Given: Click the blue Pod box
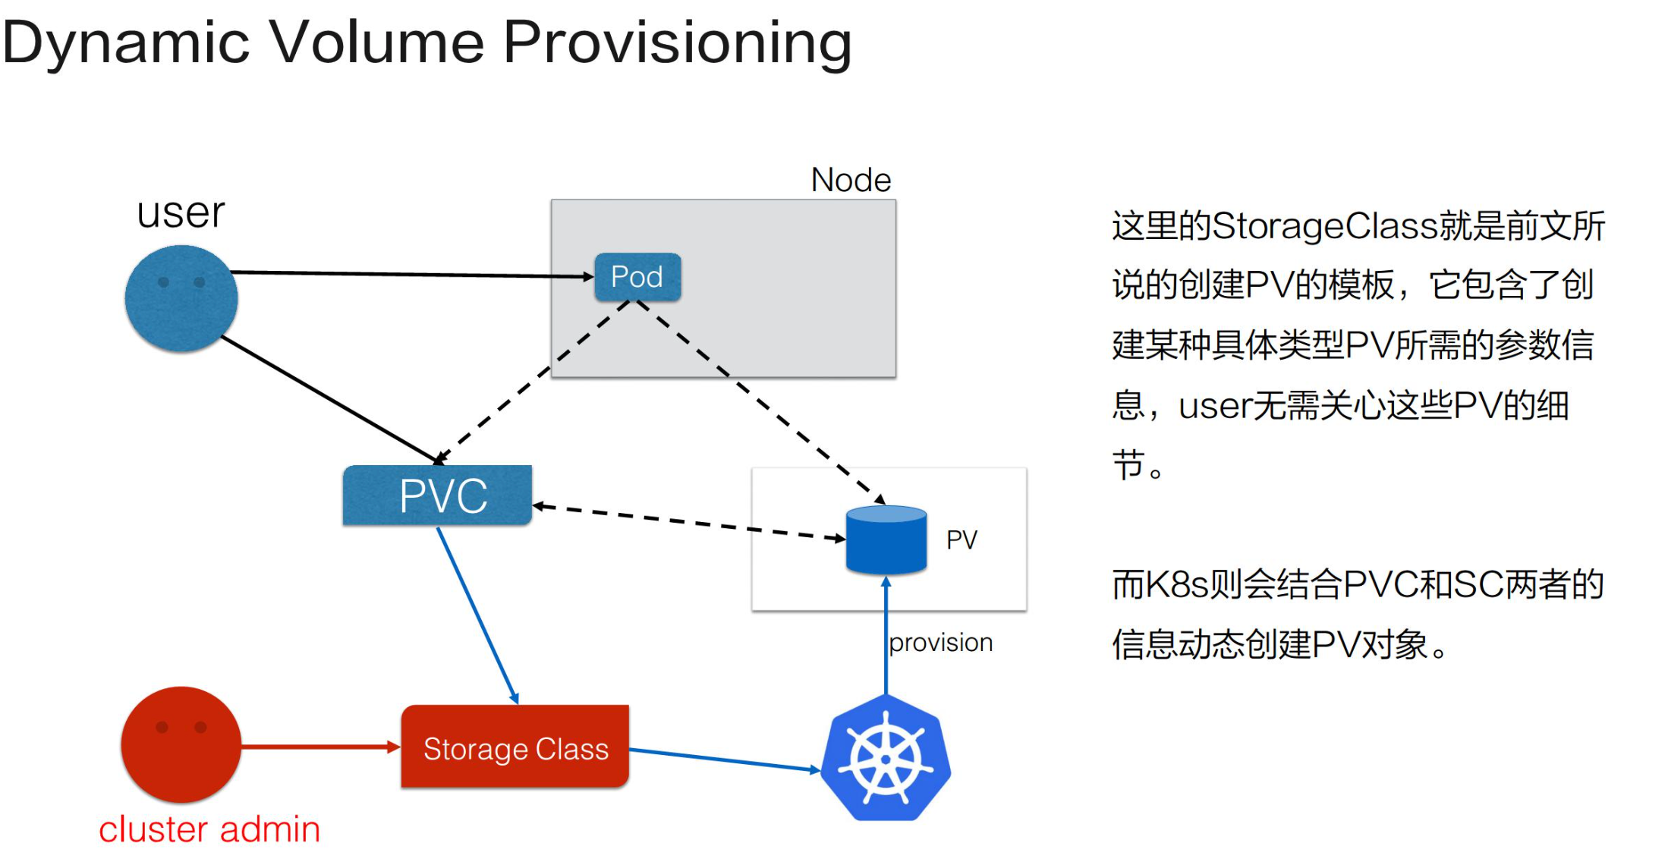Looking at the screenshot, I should (637, 277).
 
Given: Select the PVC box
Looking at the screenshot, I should (438, 495).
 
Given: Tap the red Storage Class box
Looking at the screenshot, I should (515, 748).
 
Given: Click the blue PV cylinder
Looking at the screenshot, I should (886, 540).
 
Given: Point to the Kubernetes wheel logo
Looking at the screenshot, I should (886, 759).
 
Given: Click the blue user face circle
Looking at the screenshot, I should (181, 298).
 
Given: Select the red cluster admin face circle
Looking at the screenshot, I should (181, 744).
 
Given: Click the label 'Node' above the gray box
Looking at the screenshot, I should (851, 181).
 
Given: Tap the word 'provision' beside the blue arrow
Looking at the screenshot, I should (941, 643).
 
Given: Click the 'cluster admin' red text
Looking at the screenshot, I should (209, 829).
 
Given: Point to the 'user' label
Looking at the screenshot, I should (181, 213).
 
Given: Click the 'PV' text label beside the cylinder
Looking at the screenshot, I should (961, 540).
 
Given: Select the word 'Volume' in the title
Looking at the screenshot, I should (376, 42).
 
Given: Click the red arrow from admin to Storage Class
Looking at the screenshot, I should (319, 747).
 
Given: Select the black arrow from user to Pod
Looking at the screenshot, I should (410, 274).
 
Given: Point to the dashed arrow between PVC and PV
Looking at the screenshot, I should (687, 522).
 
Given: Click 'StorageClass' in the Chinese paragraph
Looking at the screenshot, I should (1325, 227).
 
